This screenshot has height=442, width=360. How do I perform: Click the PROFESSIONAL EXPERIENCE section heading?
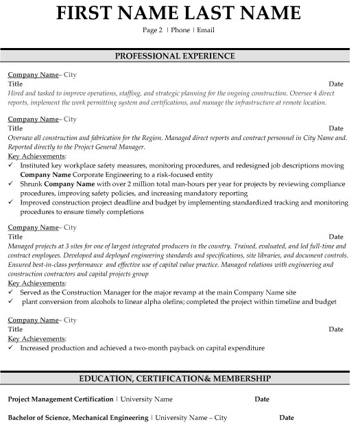(x=180, y=56)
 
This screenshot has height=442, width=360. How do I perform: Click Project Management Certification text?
(x=60, y=399)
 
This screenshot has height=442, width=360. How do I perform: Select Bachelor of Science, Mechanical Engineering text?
(x=77, y=417)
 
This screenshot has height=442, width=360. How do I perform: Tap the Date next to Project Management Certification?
(x=262, y=399)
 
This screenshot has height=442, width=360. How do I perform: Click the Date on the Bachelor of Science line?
(x=287, y=417)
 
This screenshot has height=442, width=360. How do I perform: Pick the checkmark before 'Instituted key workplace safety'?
(x=11, y=166)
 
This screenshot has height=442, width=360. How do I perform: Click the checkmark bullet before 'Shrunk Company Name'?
(x=11, y=185)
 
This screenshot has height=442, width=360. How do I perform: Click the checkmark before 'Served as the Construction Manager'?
(x=11, y=292)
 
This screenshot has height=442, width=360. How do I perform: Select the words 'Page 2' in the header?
(x=152, y=31)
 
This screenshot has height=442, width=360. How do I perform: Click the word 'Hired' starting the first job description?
(x=16, y=91)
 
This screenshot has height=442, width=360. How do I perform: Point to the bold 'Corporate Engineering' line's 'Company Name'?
(x=45, y=175)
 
